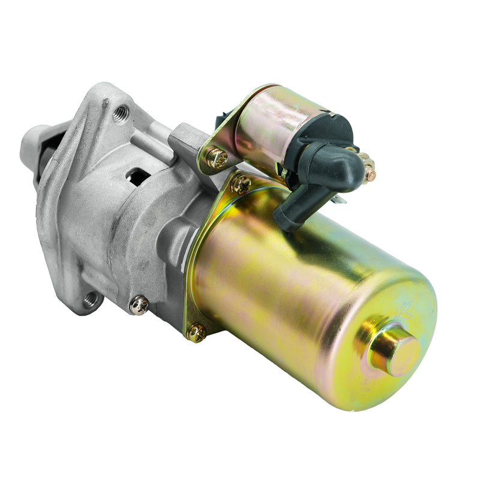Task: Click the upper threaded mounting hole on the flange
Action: [121, 112]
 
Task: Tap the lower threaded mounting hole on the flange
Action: [91, 298]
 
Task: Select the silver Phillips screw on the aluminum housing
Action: [139, 305]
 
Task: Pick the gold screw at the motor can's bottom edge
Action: [196, 331]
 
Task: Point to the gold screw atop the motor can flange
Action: [241, 183]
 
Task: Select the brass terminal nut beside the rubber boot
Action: [367, 167]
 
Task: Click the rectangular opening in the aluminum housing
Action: [139, 176]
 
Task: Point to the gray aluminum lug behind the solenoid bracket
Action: [185, 140]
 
